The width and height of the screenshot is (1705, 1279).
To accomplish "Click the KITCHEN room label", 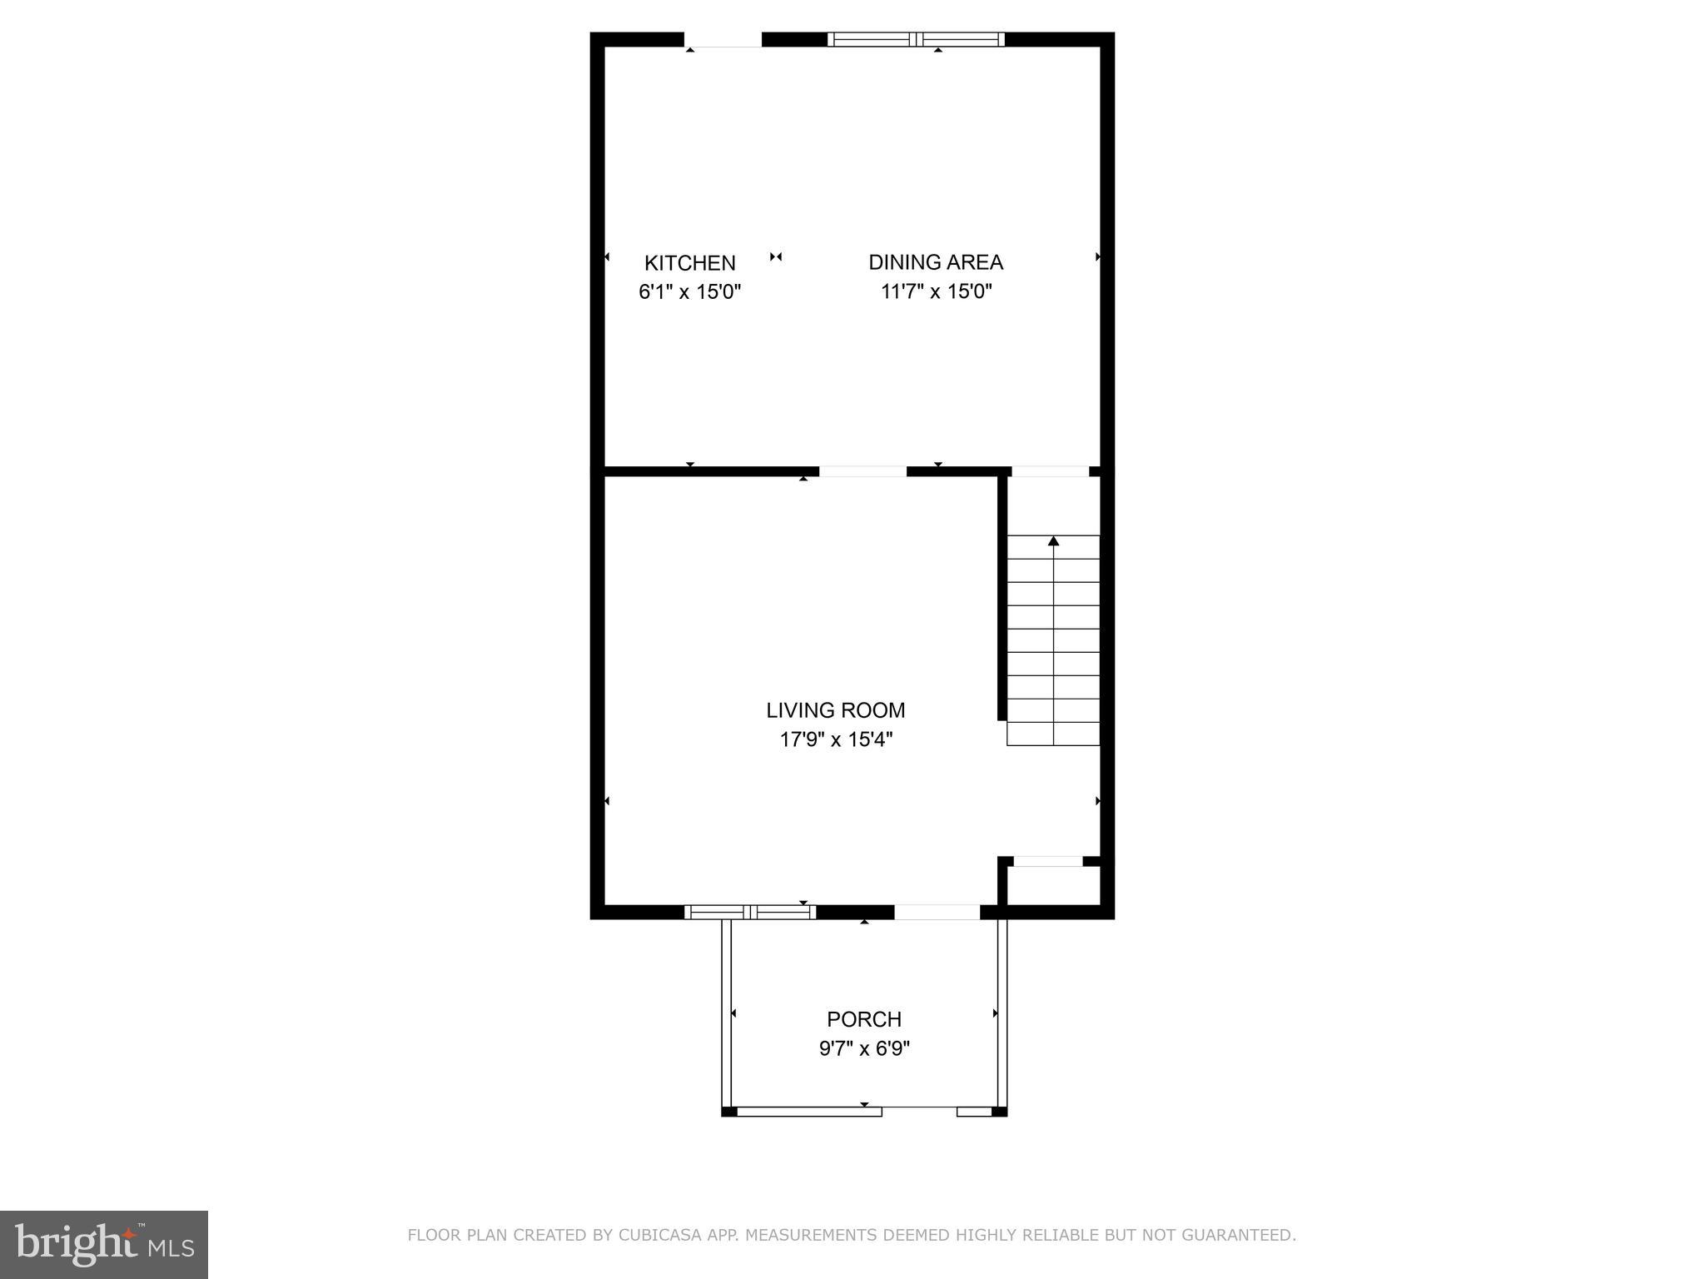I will tap(689, 263).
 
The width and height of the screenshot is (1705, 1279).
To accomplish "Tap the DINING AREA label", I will tap(936, 262).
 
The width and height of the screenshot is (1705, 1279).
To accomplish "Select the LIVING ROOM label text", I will tap(835, 710).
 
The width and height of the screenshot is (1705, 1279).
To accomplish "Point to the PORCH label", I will tap(863, 1019).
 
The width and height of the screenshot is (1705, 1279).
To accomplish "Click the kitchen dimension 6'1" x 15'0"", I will tap(689, 292).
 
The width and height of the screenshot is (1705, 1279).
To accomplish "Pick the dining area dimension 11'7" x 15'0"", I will tap(937, 291).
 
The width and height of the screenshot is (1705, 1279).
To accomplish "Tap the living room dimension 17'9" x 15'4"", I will tap(835, 739).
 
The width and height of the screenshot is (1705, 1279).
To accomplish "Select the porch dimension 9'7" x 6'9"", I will tap(864, 1048).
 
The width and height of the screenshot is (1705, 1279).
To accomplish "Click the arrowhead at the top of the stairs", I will tap(1053, 541).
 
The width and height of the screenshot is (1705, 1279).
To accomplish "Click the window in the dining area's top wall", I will tap(916, 39).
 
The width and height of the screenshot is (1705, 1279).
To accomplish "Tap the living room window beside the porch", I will tap(750, 912).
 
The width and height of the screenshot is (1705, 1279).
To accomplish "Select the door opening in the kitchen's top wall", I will tap(723, 40).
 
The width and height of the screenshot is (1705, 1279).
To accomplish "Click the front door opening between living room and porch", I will tap(937, 912).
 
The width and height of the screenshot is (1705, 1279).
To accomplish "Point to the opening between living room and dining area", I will tap(862, 471).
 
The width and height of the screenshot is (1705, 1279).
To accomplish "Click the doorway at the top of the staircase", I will tap(1050, 471).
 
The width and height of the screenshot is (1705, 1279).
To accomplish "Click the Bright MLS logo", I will tap(104, 1244).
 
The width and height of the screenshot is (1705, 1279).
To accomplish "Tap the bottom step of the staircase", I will tap(1053, 734).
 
